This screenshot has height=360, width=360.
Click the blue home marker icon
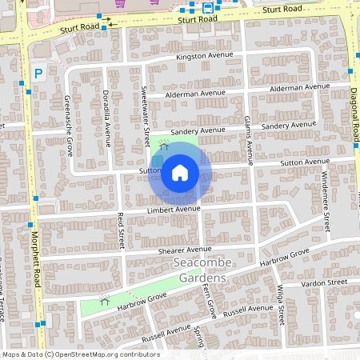coord(180,171)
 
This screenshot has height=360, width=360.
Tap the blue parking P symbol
coord(38,74)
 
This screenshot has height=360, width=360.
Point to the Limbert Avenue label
coord(172,210)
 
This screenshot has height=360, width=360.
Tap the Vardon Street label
coord(324,283)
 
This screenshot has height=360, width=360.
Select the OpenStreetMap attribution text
coord(80,354)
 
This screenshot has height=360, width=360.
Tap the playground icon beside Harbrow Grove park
coord(104,300)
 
